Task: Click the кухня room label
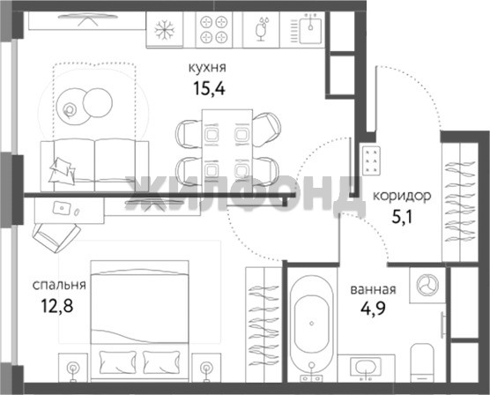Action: (207, 68)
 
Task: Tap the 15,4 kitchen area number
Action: (209, 88)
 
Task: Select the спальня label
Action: (59, 285)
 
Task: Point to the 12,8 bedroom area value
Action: (57, 306)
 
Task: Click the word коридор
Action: (402, 196)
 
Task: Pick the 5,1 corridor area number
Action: (402, 217)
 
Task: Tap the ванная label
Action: (373, 289)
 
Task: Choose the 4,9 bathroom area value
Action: (373, 309)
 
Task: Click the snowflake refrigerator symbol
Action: (165, 30)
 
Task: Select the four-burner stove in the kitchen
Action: (214, 30)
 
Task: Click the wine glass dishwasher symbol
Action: (261, 30)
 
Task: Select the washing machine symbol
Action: (427, 285)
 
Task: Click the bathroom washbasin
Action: (366, 368)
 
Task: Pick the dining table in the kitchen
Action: (227, 147)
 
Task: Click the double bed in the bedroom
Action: (140, 321)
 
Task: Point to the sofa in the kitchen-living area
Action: (94, 165)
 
